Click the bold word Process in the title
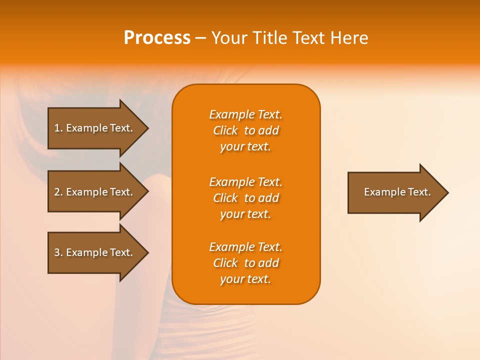[157, 38]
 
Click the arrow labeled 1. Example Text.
[93, 128]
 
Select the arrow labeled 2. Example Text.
[93, 192]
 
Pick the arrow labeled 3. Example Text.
[93, 252]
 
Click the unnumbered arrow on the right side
[397, 192]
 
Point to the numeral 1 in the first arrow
[57, 128]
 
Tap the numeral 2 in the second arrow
[57, 192]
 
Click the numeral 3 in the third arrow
[57, 252]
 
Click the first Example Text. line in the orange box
[245, 114]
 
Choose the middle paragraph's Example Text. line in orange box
[245, 182]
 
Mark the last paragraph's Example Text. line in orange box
[245, 247]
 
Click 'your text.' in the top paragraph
[245, 147]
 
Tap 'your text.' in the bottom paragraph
[245, 279]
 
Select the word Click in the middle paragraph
[225, 198]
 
